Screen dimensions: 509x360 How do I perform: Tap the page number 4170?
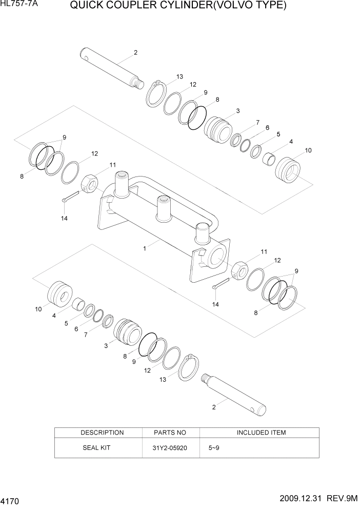click(x=12, y=499)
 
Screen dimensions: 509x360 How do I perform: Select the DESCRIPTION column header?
click(x=102, y=433)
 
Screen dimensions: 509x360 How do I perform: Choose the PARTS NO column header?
click(x=170, y=433)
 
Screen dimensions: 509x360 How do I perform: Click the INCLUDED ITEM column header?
click(x=261, y=433)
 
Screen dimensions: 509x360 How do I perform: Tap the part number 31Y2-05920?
click(x=170, y=447)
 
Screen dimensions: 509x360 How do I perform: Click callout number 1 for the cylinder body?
click(x=145, y=248)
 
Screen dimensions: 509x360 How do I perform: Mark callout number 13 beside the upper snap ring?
click(x=179, y=77)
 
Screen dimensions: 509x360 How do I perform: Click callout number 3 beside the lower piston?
click(x=106, y=346)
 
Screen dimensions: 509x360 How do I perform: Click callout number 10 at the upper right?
click(x=308, y=150)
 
